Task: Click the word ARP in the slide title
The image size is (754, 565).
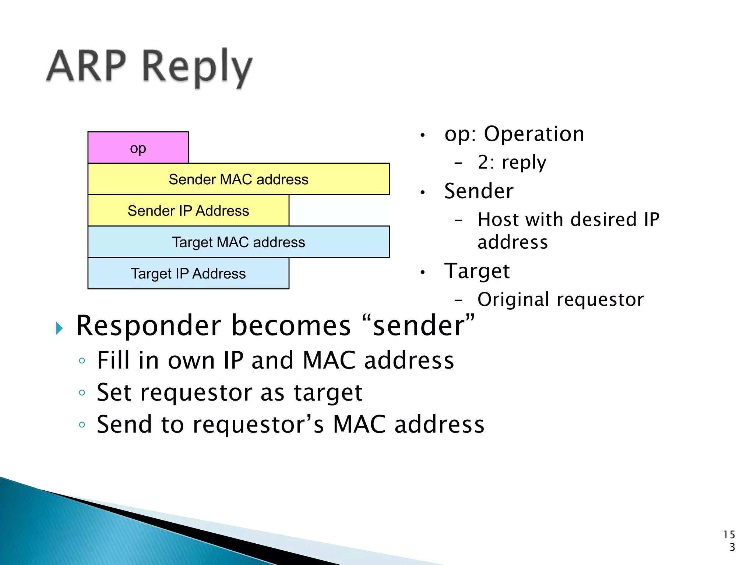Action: click(x=87, y=66)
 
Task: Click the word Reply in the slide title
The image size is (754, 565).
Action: click(x=197, y=68)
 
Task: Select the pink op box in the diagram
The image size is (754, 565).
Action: click(x=138, y=148)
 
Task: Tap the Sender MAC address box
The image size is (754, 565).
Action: click(x=239, y=179)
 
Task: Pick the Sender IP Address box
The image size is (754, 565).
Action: click(x=188, y=211)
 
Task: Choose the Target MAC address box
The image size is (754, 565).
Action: click(x=239, y=242)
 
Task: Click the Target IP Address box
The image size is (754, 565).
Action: click(x=188, y=273)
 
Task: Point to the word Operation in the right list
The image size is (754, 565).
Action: click(x=533, y=134)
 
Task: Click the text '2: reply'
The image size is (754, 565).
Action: click(x=512, y=162)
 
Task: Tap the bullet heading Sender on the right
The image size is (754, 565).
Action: click(x=479, y=191)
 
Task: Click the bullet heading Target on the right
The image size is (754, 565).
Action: click(x=477, y=271)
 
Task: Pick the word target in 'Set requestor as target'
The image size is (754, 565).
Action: click(x=328, y=393)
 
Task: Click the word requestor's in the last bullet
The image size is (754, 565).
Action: click(x=258, y=425)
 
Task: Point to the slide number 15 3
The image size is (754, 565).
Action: click(x=729, y=541)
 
